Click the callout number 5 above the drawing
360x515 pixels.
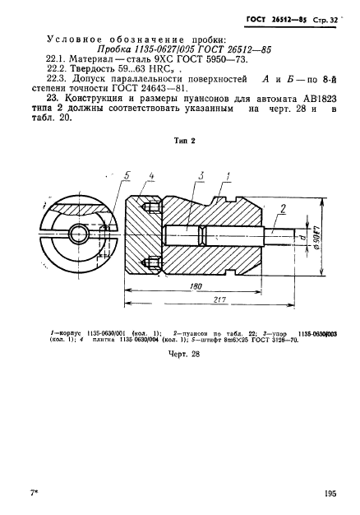126,176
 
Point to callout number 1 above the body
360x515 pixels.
226,177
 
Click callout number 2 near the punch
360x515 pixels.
283,208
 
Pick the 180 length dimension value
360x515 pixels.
196,285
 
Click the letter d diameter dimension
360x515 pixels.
303,235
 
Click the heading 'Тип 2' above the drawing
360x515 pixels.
184,141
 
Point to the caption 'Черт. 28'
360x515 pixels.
184,354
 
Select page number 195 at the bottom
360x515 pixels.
330,493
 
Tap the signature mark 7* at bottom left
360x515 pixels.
34,493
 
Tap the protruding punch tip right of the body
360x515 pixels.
279,235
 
